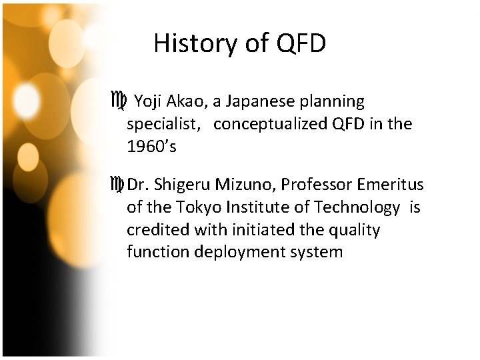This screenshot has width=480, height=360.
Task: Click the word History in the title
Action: point(191,44)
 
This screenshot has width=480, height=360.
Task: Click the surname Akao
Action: point(189,102)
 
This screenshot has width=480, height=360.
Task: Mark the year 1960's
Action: point(151,147)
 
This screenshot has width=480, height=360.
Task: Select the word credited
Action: point(158,230)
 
